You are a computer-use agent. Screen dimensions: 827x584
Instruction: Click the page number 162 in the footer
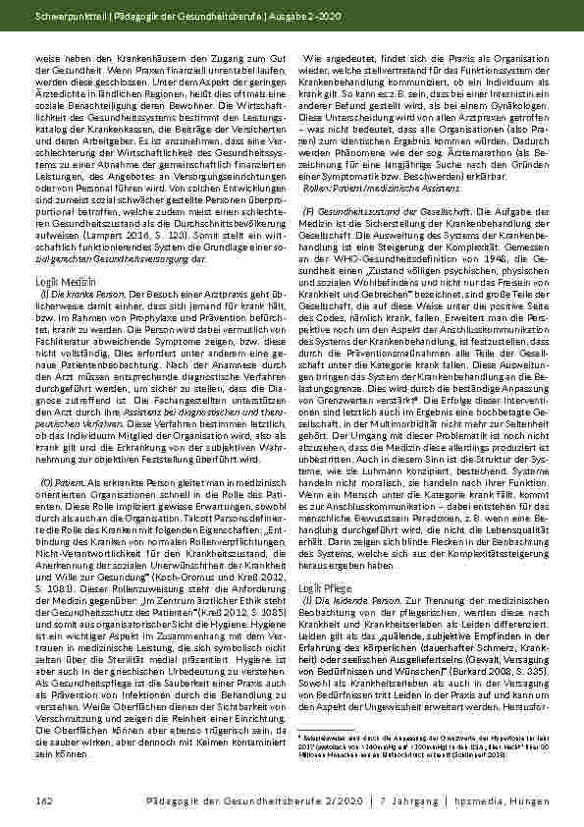[x=42, y=804]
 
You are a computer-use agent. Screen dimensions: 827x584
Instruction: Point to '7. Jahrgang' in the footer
[x=410, y=804]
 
